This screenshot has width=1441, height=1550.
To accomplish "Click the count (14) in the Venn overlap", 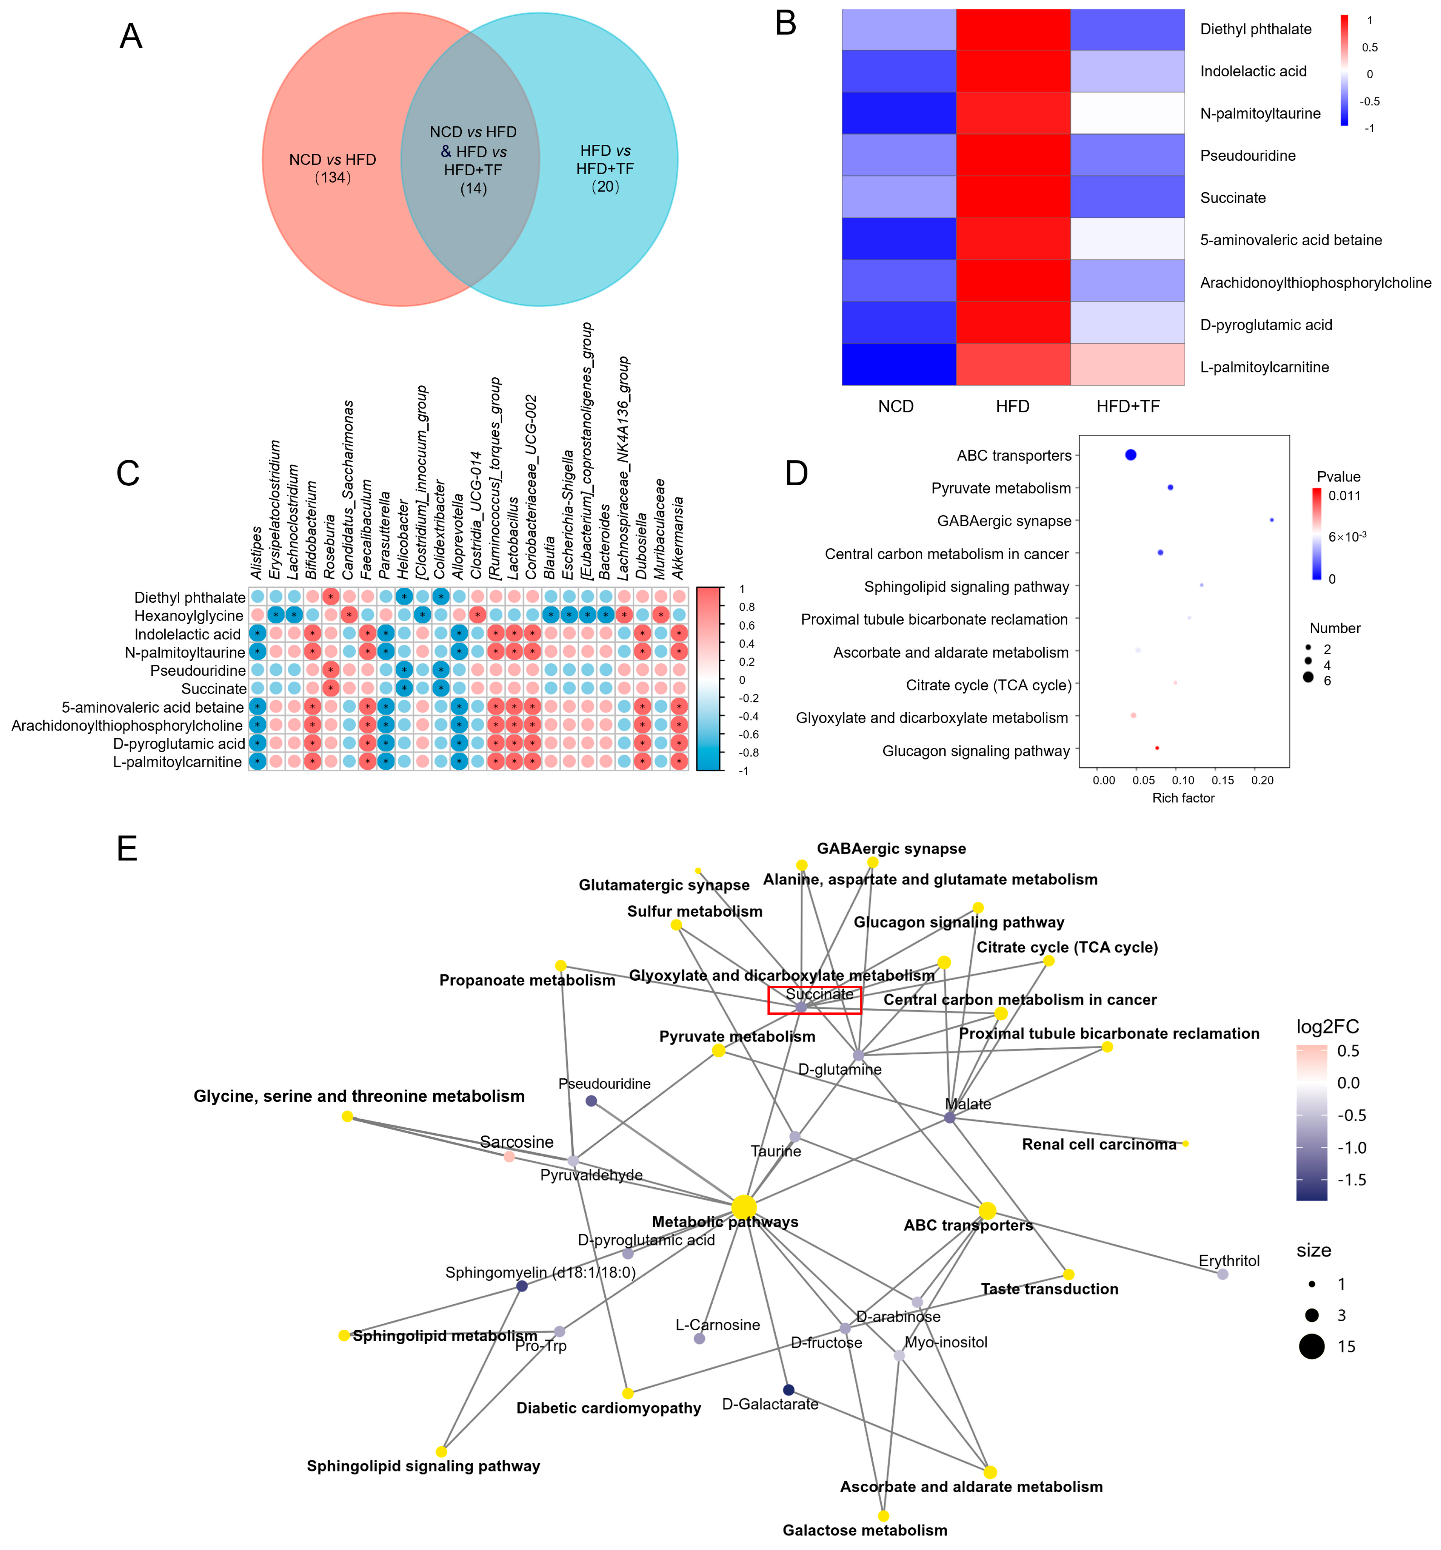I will (473, 189).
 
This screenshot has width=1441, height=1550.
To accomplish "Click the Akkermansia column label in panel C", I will (678, 538).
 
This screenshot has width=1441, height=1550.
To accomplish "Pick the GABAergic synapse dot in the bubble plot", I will (1272, 520).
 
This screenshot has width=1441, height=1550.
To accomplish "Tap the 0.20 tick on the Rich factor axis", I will (1263, 780).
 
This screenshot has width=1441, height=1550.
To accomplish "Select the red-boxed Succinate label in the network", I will (819, 995).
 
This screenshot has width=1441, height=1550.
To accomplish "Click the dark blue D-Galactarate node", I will (788, 1390).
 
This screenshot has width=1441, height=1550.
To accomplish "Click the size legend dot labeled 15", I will (1312, 1347).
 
